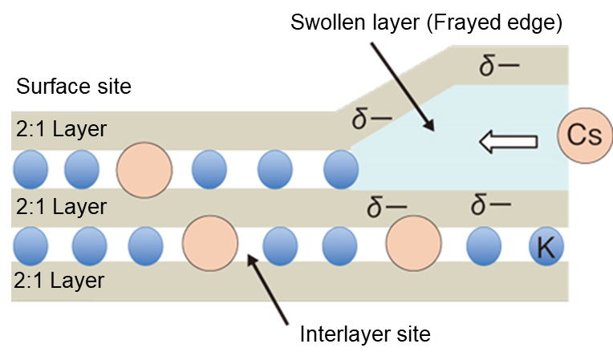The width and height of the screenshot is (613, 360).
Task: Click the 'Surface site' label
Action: click(72, 87)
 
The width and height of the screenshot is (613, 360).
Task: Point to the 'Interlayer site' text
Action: click(365, 334)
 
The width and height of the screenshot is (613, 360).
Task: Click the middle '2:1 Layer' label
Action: click(61, 207)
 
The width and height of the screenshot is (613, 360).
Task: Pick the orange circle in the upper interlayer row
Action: click(144, 170)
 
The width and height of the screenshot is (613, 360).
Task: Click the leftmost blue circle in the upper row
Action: click(30, 170)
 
